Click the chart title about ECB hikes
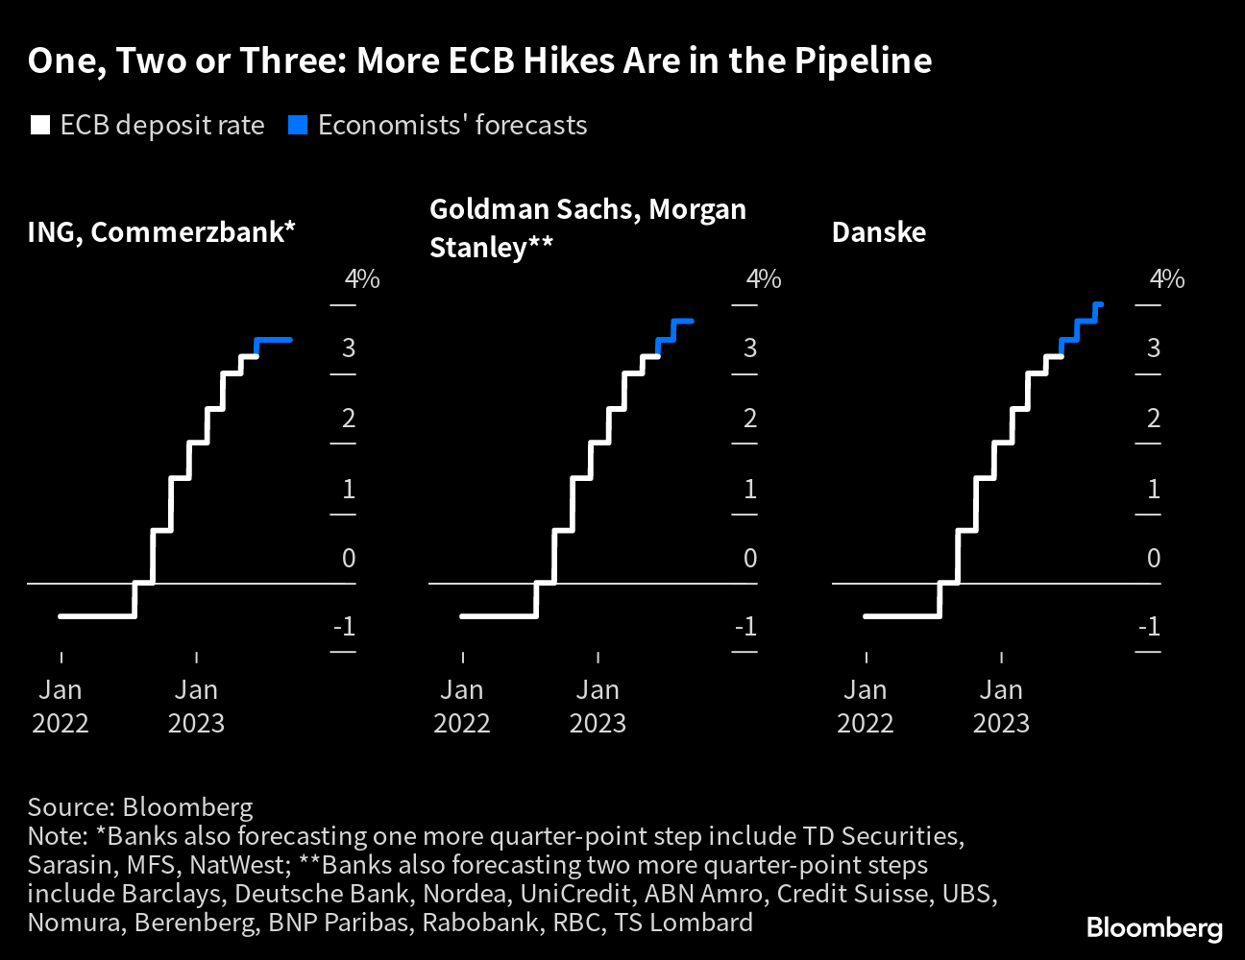[x=479, y=61]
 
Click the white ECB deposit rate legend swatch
[x=40, y=126]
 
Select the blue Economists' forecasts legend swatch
[x=298, y=126]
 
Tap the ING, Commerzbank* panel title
[x=161, y=232]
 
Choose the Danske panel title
[x=878, y=232]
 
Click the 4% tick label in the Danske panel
[x=1166, y=279]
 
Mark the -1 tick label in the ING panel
[x=344, y=627]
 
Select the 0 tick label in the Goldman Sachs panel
[x=750, y=558]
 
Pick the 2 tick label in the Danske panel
[x=1154, y=419]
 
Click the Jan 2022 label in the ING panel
[x=61, y=707]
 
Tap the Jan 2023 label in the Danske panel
[x=1001, y=707]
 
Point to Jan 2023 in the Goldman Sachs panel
[x=598, y=707]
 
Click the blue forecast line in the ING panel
[x=274, y=340]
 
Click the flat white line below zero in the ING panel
[x=96, y=615]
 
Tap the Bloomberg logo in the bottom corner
[x=1154, y=928]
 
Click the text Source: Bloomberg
[x=140, y=807]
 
